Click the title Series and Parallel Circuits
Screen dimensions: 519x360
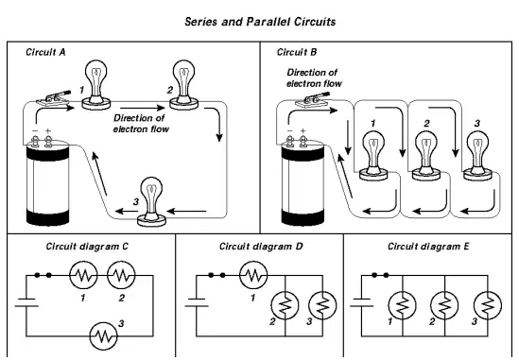coord(260,22)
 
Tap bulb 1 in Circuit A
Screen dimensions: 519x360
coord(96,85)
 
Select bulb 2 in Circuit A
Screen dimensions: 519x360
coord(183,85)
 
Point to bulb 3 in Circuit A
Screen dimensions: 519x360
coord(151,202)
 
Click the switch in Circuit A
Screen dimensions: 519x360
coord(54,98)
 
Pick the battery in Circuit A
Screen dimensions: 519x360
coord(47,181)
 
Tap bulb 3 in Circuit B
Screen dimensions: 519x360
coord(477,156)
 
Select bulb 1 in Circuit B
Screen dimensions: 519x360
coord(373,156)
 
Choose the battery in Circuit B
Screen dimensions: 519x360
coord(303,181)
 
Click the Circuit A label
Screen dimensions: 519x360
coord(45,52)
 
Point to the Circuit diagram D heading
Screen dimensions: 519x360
coord(261,247)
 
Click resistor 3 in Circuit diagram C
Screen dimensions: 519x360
coord(104,336)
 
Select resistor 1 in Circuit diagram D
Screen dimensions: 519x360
coord(253,275)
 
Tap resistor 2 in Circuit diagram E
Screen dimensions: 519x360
coord(444,306)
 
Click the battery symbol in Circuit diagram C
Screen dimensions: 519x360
coord(26,302)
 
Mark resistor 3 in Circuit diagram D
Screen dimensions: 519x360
coord(322,306)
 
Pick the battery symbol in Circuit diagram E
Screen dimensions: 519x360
coord(361,302)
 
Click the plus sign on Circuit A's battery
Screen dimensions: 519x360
coord(48,131)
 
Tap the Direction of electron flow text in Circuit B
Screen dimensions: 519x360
coord(314,78)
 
